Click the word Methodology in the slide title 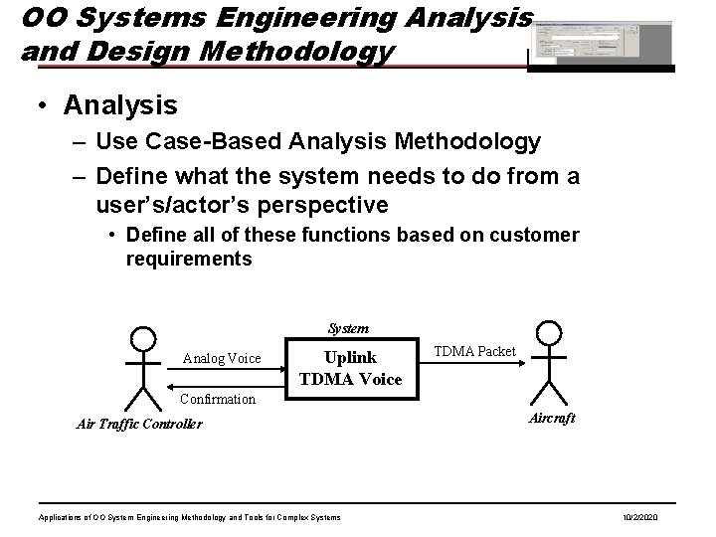pos(308,50)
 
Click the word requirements pos(190,259)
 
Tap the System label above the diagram pos(348,328)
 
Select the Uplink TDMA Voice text pos(351,368)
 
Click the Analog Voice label pos(222,359)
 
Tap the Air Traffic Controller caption pos(139,424)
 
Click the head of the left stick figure pos(145,337)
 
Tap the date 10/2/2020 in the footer pos(651,518)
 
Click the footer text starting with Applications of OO pos(189,518)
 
